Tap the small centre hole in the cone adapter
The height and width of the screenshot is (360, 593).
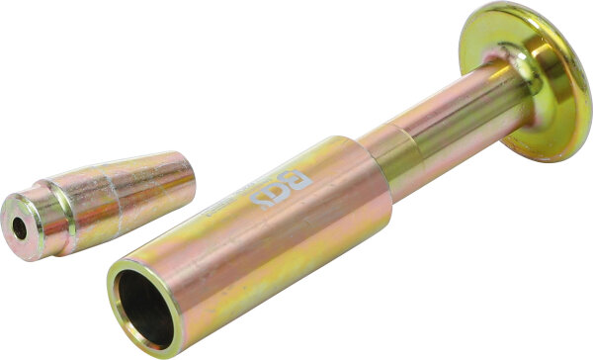(20, 227)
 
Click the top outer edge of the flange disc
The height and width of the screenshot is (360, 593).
(524, 8)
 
